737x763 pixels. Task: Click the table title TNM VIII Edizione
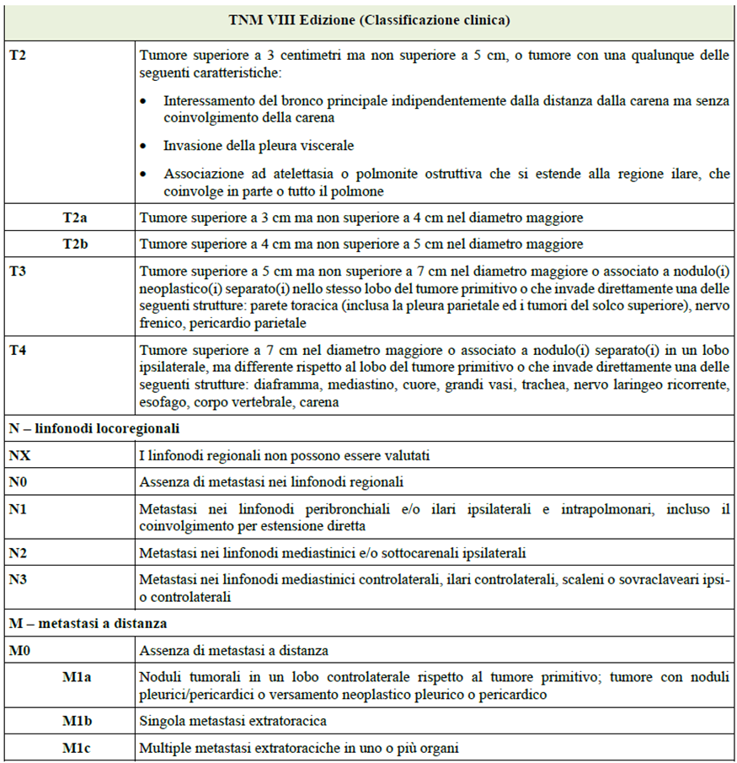(x=369, y=19)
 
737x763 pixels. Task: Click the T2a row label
(x=76, y=218)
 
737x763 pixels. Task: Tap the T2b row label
(x=76, y=244)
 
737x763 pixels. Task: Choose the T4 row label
(x=18, y=349)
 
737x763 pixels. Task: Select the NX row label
(x=19, y=456)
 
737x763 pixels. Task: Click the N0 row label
(x=19, y=483)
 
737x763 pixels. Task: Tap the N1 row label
(x=19, y=509)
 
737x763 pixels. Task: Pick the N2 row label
(x=19, y=553)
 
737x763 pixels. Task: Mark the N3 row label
(x=19, y=579)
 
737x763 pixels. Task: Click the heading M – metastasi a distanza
(x=88, y=624)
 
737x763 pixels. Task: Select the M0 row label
(x=20, y=651)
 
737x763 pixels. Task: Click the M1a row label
(x=77, y=678)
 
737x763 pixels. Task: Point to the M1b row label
(x=77, y=721)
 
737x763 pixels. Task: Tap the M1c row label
(x=77, y=748)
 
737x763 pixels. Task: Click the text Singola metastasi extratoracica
(x=232, y=721)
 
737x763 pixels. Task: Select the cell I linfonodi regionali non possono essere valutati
(x=285, y=456)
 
